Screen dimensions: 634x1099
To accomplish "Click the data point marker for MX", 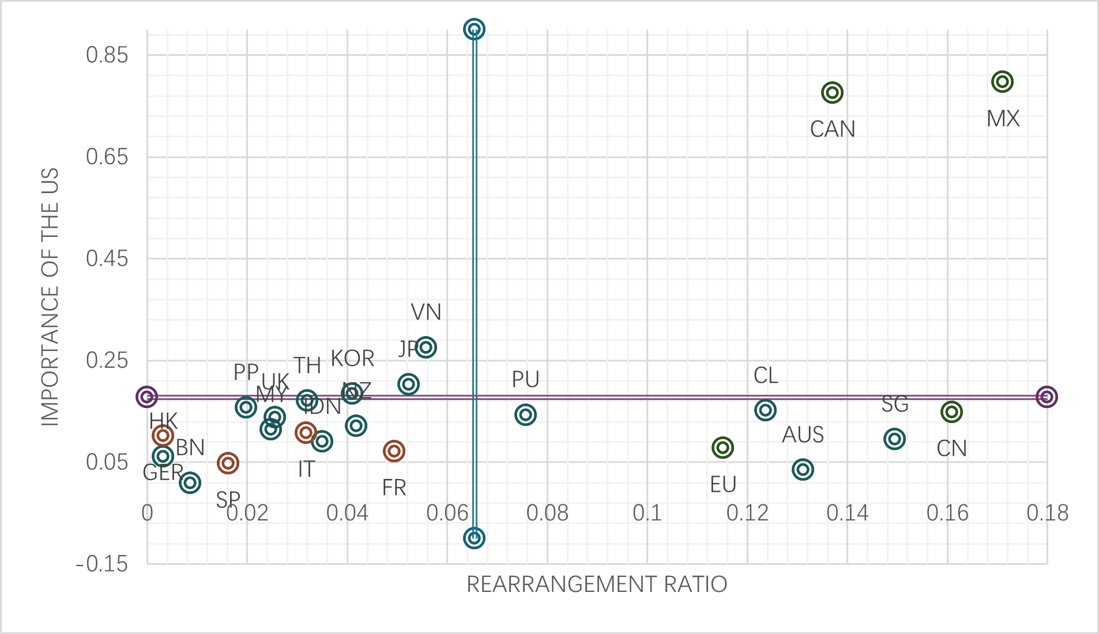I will pyautogui.click(x=1002, y=82).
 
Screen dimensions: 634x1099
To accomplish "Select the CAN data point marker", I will pyautogui.click(x=832, y=92).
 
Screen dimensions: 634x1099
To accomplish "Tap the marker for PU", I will pyautogui.click(x=525, y=414).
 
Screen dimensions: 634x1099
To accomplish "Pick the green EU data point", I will pyautogui.click(x=722, y=447).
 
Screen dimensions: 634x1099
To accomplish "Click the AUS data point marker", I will pyautogui.click(x=803, y=469).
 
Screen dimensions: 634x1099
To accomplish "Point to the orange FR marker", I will pyautogui.click(x=394, y=451).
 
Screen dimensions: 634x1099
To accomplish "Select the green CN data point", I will pyautogui.click(x=951, y=412).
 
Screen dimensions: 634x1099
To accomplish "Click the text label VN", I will pyautogui.click(x=426, y=312).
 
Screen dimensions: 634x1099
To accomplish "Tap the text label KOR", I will pyautogui.click(x=352, y=358).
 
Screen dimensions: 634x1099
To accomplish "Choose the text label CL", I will pyautogui.click(x=766, y=376).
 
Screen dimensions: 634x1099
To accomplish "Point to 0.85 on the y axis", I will pyautogui.click(x=107, y=55).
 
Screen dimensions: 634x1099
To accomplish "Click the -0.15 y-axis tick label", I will pyautogui.click(x=102, y=564).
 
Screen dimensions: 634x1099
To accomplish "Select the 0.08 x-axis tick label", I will pyautogui.click(x=547, y=513).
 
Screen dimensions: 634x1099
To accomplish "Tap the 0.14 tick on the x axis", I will pyautogui.click(x=847, y=513).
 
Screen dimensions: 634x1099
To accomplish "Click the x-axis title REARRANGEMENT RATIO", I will pyautogui.click(x=597, y=584).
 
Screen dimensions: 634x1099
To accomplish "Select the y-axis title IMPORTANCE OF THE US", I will pyautogui.click(x=50, y=297).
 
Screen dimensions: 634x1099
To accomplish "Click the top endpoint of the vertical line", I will pyautogui.click(x=474, y=29).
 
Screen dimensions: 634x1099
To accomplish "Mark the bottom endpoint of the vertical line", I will pyautogui.click(x=474, y=538).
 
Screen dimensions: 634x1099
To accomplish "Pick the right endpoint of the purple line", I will pyautogui.click(x=1047, y=397).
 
